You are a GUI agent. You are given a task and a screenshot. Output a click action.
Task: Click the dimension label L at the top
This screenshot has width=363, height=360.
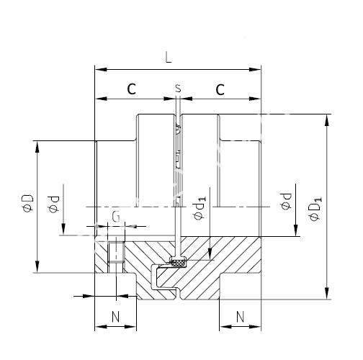click(x=169, y=58)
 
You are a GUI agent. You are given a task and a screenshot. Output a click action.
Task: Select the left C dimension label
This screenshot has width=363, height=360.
click(x=132, y=89)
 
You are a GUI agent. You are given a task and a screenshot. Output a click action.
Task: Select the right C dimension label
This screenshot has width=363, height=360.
click(x=220, y=89)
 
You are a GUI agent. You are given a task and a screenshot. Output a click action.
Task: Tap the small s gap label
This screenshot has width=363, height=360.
click(x=178, y=89)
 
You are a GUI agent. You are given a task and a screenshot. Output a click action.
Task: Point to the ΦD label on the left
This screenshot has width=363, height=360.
click(x=27, y=203)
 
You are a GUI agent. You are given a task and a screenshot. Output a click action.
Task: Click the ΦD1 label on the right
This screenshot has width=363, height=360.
click(x=315, y=209)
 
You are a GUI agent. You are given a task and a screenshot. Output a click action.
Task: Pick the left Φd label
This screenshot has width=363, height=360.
click(x=53, y=204)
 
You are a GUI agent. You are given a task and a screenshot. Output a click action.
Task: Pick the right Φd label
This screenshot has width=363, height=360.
click(x=286, y=202)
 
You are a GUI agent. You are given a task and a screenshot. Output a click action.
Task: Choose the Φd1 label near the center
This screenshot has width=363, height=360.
click(x=200, y=208)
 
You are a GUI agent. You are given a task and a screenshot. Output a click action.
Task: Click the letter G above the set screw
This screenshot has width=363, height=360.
click(x=116, y=217)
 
